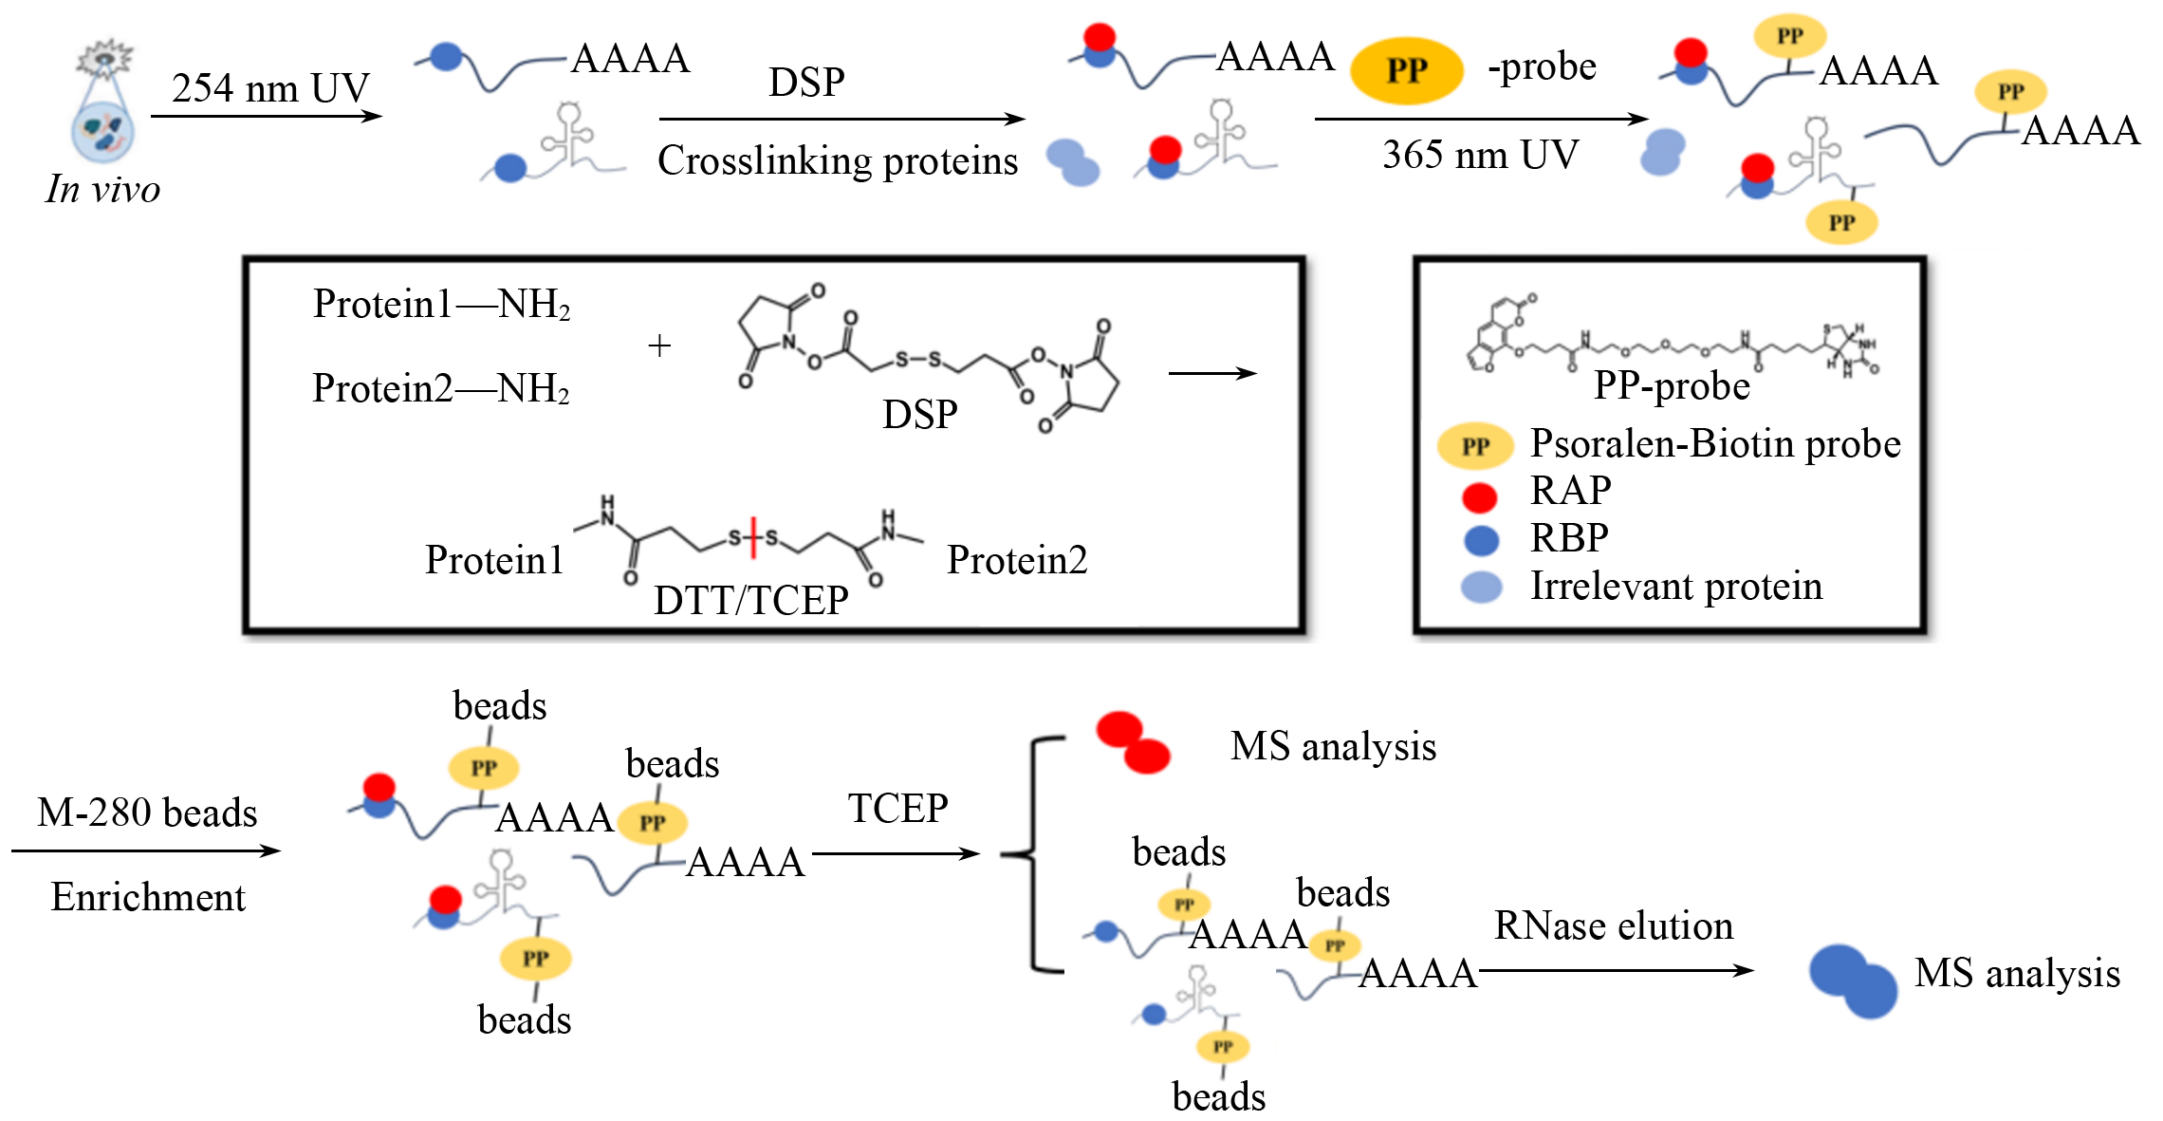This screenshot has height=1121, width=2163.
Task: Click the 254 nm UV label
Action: coord(270,88)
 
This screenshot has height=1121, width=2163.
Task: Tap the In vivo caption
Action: coord(102,189)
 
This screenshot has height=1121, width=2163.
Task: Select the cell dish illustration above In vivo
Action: coord(103,103)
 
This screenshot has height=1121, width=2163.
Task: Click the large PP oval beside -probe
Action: coord(1407,70)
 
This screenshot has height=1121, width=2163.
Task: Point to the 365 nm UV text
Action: coord(1480,155)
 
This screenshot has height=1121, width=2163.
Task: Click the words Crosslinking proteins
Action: coord(838,160)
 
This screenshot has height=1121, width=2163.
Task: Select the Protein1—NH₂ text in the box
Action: coord(442,305)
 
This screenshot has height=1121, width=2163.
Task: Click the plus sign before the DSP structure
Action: coord(659,346)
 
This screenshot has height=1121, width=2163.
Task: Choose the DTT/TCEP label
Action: coord(750,600)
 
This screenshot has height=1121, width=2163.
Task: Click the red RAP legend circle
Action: coord(1480,496)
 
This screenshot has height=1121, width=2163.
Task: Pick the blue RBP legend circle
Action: coord(1481,540)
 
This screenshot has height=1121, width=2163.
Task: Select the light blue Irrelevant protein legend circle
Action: coord(1481,587)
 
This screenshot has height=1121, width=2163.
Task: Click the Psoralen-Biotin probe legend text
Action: coord(1715,444)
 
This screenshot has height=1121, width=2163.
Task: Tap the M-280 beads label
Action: coord(147,813)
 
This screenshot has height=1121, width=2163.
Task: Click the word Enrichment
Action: coord(148,897)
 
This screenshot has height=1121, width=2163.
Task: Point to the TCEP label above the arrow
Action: coord(897,809)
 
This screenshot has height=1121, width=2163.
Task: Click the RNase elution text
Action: coord(1614,925)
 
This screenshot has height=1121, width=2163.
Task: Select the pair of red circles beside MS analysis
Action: coord(1132,741)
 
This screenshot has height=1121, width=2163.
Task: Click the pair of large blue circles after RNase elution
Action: coord(1852,981)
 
